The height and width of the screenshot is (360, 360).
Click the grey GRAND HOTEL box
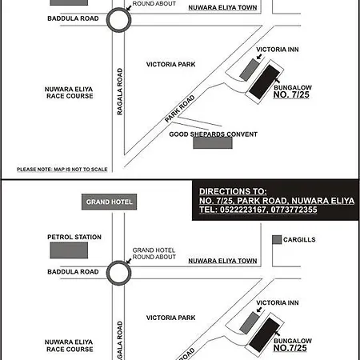tap(109, 202)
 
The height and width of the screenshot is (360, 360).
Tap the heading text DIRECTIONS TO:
tap(233, 191)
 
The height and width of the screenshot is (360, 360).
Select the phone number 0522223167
tap(243, 210)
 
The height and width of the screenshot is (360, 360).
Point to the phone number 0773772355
tap(294, 210)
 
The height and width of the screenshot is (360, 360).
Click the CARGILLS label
tap(299, 239)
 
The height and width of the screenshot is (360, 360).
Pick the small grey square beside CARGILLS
tap(277, 239)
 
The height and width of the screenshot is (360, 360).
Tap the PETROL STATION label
tap(74, 237)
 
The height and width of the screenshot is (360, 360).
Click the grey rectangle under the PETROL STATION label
tap(69, 250)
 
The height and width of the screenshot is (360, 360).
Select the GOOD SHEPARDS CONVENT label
tap(214, 134)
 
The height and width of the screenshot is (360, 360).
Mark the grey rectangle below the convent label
tap(213, 142)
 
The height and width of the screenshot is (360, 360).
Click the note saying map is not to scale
tap(62, 170)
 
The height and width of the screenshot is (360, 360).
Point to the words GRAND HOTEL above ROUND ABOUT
tap(154, 250)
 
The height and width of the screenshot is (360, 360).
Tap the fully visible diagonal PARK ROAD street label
tap(180, 109)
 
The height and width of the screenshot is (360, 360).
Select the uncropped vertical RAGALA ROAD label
tap(120, 91)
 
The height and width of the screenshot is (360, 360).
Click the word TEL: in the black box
tap(208, 210)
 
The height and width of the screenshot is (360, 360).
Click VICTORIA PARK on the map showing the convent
tap(170, 64)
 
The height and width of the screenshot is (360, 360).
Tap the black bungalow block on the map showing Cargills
tap(264, 335)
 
